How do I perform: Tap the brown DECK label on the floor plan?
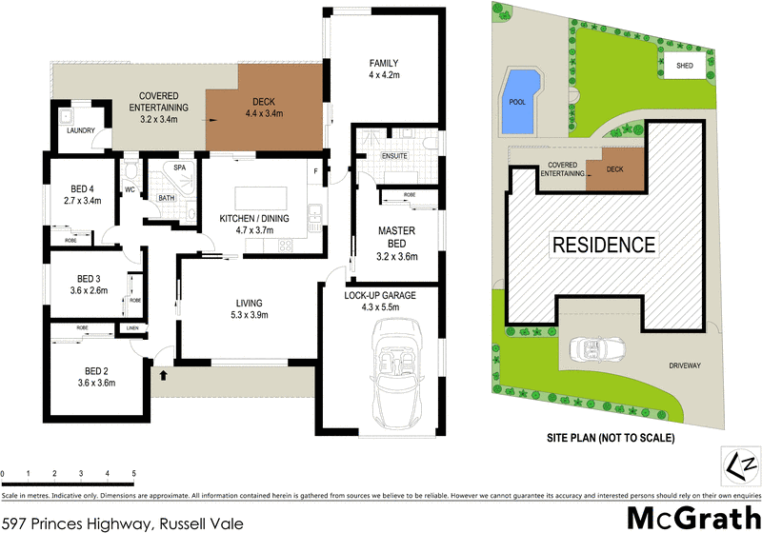tap(264, 103)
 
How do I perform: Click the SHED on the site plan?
tap(684, 65)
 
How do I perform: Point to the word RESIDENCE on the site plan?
tap(604, 245)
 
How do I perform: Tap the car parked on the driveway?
tap(598, 351)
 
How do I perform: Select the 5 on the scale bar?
tap(132, 473)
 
